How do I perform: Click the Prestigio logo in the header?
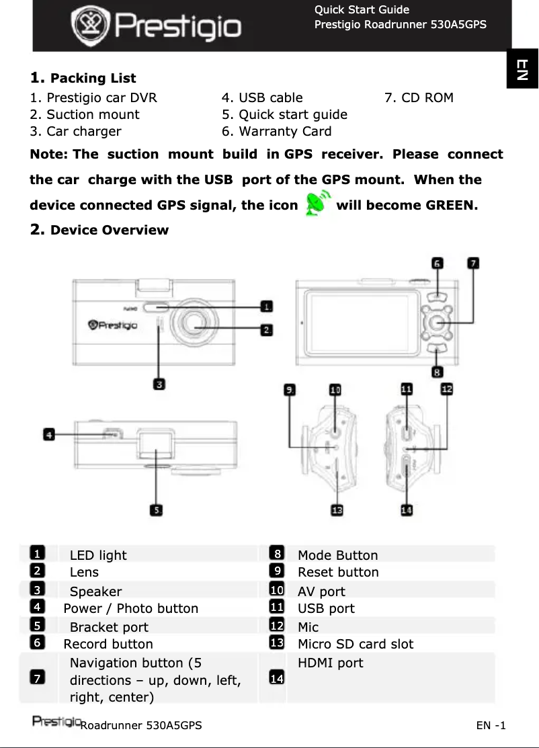point(156,26)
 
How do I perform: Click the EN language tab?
point(522,69)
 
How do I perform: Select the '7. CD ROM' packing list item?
point(419,97)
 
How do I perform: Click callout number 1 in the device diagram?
point(267,306)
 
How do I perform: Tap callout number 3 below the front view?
point(159,384)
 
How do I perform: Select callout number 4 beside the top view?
point(49,435)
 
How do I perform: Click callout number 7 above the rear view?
point(473,263)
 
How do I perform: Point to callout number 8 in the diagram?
point(437,371)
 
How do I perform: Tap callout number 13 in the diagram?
point(337,511)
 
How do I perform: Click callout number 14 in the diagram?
point(407,511)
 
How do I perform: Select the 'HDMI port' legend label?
point(330,663)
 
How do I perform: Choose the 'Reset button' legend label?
point(338,573)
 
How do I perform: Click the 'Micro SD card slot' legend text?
point(356,644)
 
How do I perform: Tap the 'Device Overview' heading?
point(110,231)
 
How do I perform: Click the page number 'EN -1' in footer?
point(491,726)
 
